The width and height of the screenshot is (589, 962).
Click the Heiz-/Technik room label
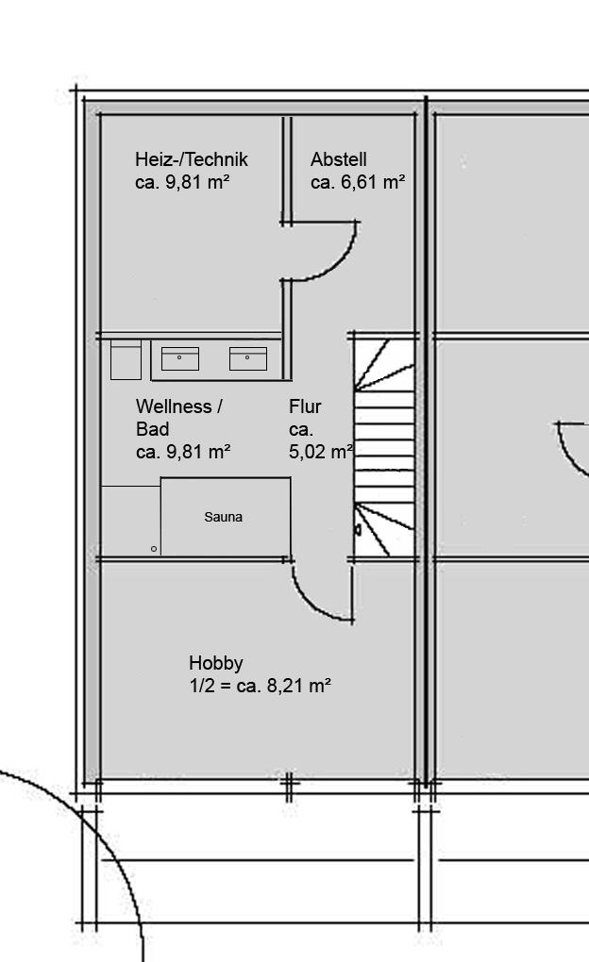191,159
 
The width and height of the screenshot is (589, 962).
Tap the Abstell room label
339,159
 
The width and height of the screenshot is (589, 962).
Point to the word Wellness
174,406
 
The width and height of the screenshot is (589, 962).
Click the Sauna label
223,517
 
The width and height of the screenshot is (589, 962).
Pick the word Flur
305,406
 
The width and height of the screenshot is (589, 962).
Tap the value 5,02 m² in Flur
321,452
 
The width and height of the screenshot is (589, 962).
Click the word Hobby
215,663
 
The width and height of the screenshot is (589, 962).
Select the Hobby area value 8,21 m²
299,686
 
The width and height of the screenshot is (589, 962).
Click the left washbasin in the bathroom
180,358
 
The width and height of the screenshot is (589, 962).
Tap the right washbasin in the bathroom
248,358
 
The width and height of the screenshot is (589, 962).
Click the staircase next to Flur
384,448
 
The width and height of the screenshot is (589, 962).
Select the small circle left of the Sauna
154,549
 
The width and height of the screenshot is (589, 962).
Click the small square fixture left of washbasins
126,360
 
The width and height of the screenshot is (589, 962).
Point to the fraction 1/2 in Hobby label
202,686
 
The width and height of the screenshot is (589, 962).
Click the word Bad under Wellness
152,429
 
